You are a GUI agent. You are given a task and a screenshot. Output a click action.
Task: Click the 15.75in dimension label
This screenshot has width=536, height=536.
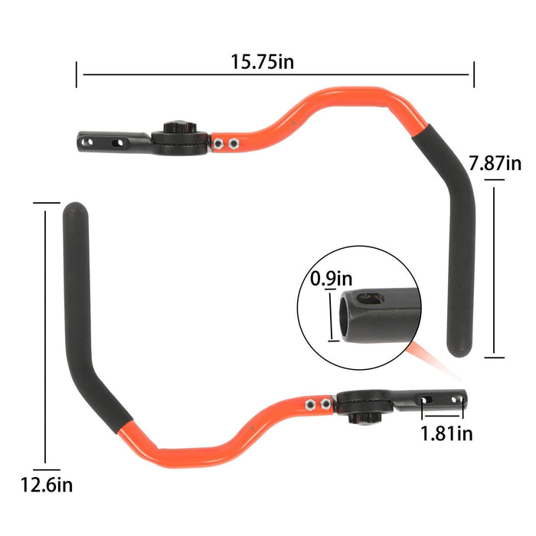point(263,61)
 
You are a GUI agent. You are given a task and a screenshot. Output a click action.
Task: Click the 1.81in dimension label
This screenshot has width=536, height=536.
point(446,433)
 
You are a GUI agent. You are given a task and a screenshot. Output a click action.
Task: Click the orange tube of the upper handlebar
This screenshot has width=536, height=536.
point(322,107)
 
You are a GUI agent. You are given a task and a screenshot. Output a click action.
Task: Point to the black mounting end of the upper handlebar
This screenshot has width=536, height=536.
point(107,142)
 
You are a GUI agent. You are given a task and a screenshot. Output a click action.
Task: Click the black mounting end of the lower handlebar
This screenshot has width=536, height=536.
point(436,399)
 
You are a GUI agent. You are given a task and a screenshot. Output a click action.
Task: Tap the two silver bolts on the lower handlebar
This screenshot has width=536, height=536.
point(317,404)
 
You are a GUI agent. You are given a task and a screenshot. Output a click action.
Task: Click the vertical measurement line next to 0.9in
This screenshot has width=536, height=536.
point(331,314)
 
